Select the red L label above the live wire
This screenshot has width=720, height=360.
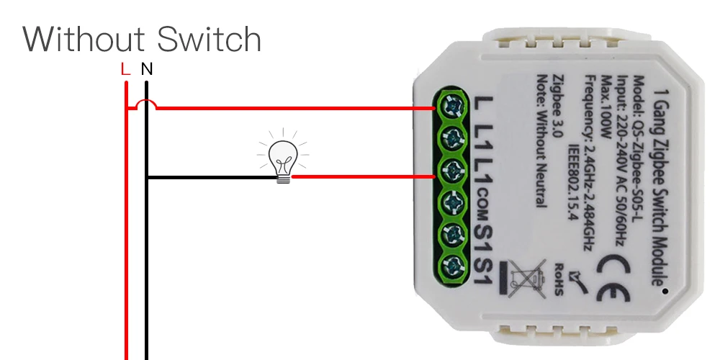pyautogui.click(x=125, y=70)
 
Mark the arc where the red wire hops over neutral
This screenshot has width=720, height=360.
pyautogui.click(x=146, y=105)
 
